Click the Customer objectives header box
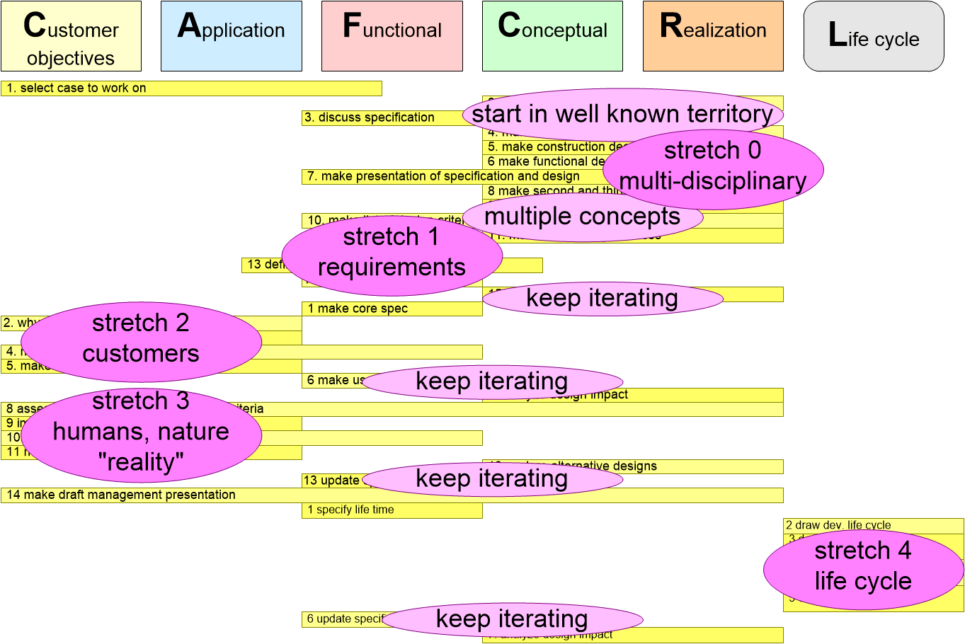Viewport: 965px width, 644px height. pos(71,36)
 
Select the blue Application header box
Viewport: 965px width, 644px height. pos(232,36)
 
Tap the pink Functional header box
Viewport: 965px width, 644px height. pos(392,36)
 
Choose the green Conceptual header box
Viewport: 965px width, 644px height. pos(552,36)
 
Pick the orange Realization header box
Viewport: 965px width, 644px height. pos(713,36)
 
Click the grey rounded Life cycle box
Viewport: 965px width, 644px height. pos(874,36)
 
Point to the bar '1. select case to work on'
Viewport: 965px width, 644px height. pos(191,88)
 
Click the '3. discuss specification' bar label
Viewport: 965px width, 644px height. pos(370,117)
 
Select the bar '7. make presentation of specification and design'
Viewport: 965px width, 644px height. pos(443,176)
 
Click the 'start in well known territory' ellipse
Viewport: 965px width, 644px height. pos(622,114)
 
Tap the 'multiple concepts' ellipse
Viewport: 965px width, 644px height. pos(582,217)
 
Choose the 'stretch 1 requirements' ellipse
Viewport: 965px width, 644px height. pos(392,253)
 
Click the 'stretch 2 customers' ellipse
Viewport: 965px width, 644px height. pos(141,339)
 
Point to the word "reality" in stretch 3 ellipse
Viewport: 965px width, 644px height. pos(141,462)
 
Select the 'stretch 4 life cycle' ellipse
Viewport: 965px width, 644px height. pos(863,566)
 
